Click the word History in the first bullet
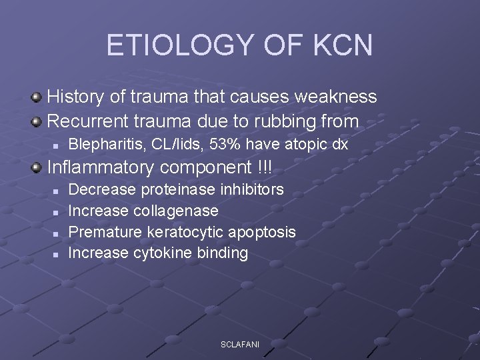(x=76, y=97)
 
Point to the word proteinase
(x=176, y=190)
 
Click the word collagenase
(x=176, y=211)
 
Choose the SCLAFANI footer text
(x=240, y=344)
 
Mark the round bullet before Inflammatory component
(x=37, y=167)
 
